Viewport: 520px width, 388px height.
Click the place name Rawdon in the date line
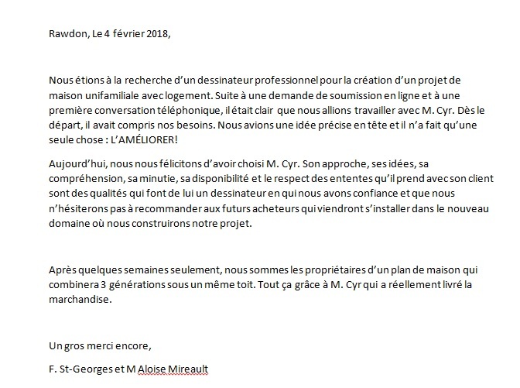click(x=43, y=33)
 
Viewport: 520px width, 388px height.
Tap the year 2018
click(x=154, y=33)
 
